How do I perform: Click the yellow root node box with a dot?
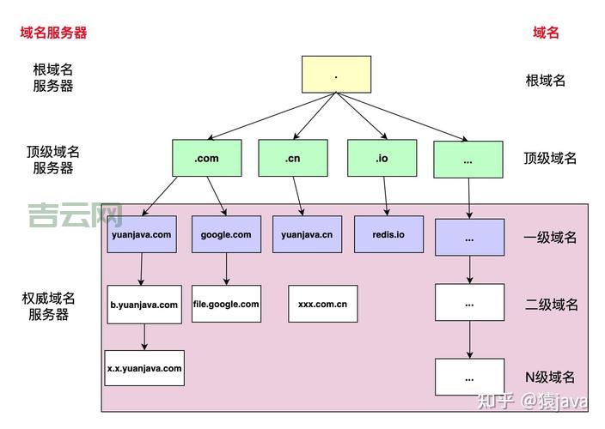pos(336,75)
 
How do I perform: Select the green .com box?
pos(206,159)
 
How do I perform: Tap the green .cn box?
pos(292,159)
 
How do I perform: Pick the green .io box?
pos(382,159)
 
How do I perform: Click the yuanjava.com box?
pos(142,234)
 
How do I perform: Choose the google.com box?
pos(226,234)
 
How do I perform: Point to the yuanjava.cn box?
pos(307,234)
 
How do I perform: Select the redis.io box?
pos(388,234)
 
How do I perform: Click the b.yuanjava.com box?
pos(144,305)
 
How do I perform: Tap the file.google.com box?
pos(226,304)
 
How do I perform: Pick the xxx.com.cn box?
pos(322,304)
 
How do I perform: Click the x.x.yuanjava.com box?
pos(144,368)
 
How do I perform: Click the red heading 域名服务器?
pos(54,33)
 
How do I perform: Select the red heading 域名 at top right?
pos(546,33)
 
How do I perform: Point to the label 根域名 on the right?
pos(546,81)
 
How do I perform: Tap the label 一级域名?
pos(550,238)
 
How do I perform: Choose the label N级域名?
pos(550,377)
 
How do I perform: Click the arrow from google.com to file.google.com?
pos(227,269)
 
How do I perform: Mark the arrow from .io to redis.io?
pos(386,196)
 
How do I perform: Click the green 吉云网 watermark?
pos(75,214)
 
